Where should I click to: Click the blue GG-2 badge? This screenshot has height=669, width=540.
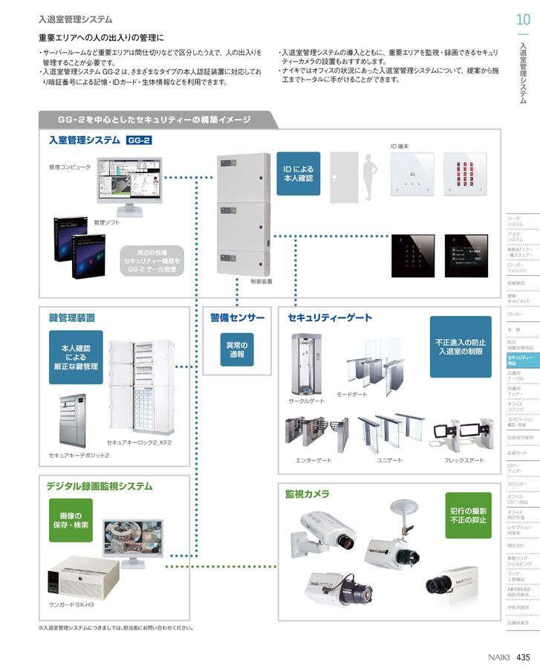(x=139, y=140)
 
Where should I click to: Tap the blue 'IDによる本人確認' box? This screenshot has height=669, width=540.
(x=298, y=174)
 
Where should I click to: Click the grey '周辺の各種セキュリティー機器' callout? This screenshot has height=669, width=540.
(x=152, y=261)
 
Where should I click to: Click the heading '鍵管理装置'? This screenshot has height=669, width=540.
(x=71, y=317)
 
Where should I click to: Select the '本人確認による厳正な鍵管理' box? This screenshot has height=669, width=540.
(x=75, y=357)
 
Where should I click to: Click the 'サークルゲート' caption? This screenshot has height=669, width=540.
(x=307, y=401)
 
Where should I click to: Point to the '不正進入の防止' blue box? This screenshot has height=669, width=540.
(x=460, y=346)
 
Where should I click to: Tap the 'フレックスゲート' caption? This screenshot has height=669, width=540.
(x=463, y=461)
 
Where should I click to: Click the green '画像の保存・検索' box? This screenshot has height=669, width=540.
(x=72, y=520)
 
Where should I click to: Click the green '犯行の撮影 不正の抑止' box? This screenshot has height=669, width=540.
(x=469, y=516)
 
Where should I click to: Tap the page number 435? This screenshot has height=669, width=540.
(x=523, y=656)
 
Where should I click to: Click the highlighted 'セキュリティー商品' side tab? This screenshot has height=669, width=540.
(x=518, y=360)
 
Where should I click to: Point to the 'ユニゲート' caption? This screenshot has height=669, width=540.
(x=389, y=461)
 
